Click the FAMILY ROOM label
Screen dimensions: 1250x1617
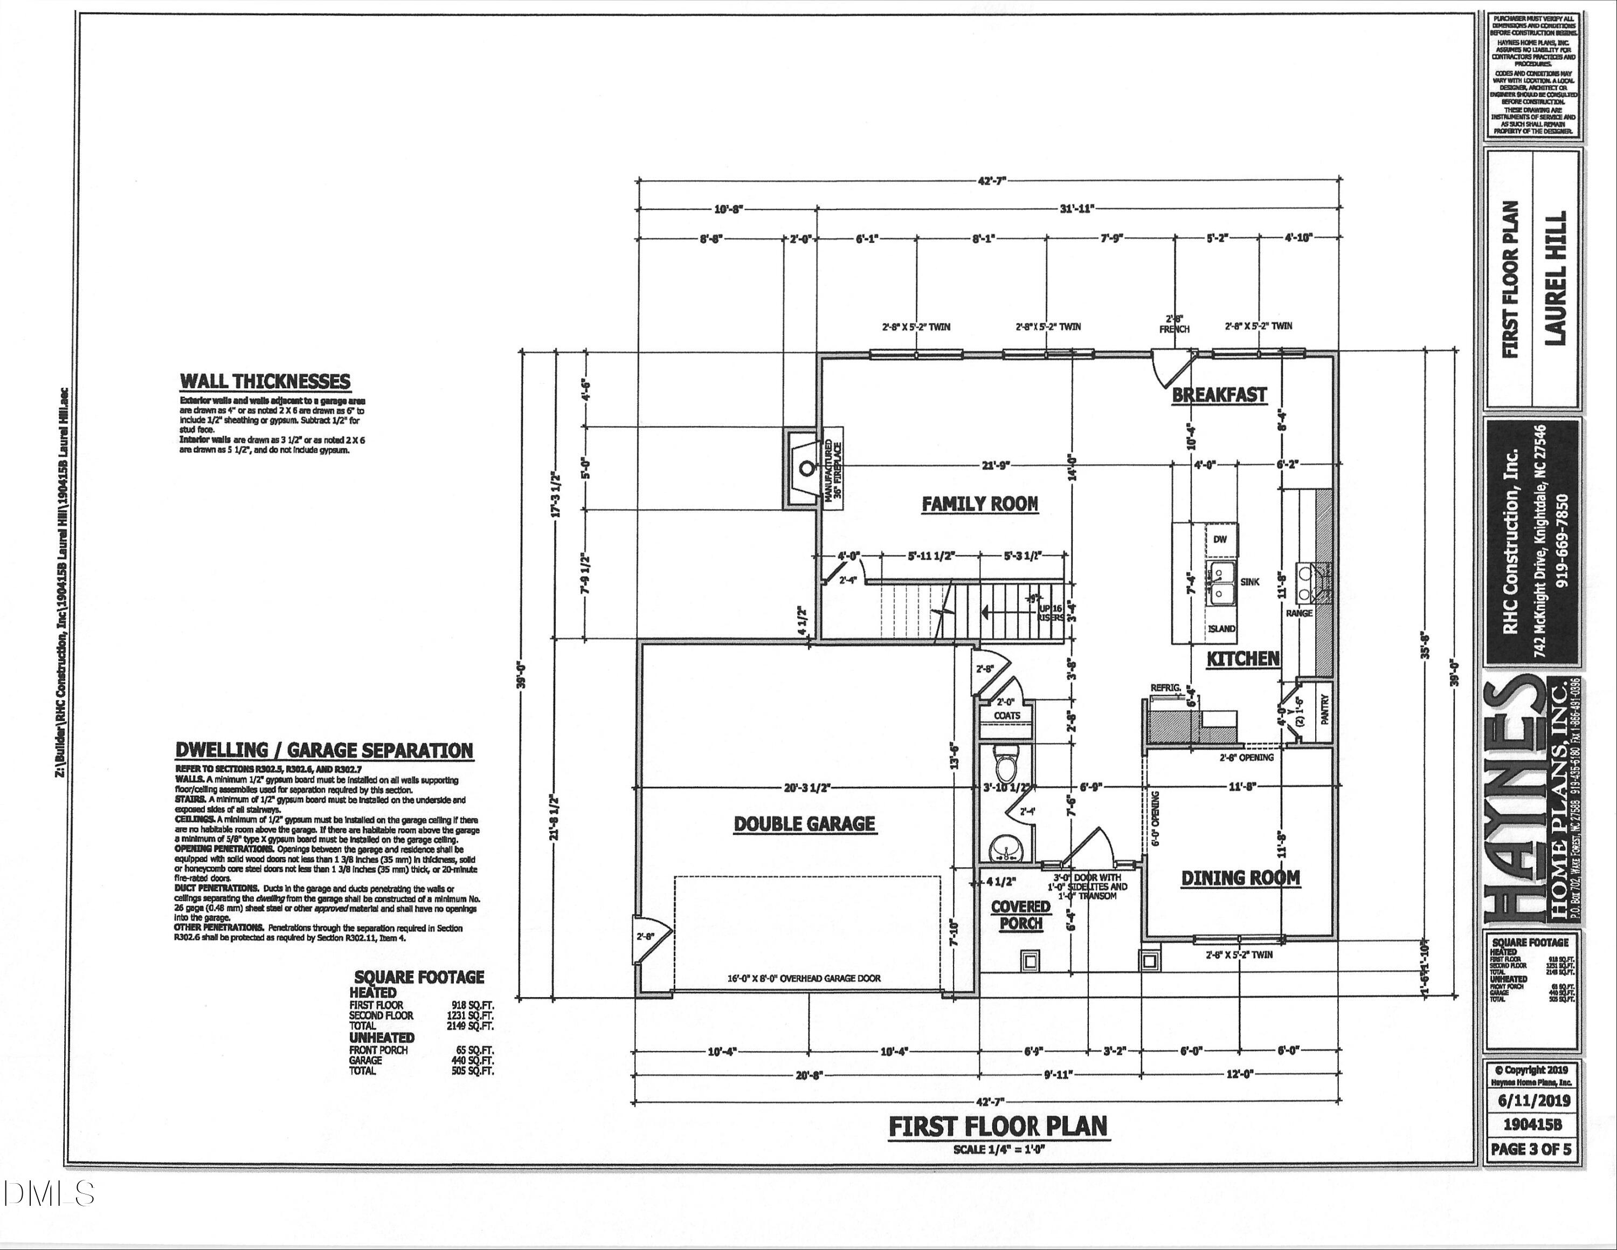click(x=979, y=504)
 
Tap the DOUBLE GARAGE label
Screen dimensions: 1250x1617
click(x=805, y=823)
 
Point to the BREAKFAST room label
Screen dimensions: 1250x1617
click(x=1219, y=395)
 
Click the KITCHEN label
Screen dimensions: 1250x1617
click(x=1243, y=658)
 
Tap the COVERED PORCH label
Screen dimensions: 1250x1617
click(x=1021, y=915)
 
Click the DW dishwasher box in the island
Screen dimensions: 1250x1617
click(x=1220, y=539)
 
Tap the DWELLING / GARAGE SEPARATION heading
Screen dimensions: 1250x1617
click(x=323, y=750)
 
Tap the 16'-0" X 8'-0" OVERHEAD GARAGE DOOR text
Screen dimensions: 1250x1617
click(x=804, y=978)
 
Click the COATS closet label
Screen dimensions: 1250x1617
click(x=1006, y=716)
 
